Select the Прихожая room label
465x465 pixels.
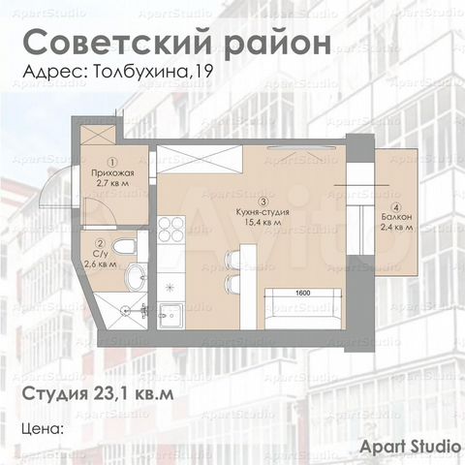tap(112, 171)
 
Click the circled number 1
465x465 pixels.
tap(112, 161)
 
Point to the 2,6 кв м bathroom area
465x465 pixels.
tap(101, 263)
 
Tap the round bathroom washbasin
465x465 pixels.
tap(136, 279)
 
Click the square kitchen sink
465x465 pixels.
tap(172, 314)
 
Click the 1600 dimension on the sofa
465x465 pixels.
tap(301, 292)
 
